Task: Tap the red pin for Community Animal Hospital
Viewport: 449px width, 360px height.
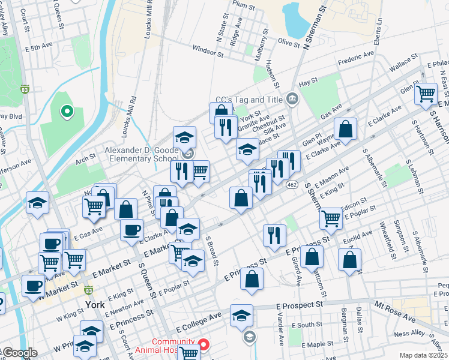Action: pyautogui.click(x=203, y=344)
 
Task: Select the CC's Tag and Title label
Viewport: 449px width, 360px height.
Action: pyautogui.click(x=252, y=100)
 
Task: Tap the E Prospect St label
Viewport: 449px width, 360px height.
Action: pyautogui.click(x=300, y=305)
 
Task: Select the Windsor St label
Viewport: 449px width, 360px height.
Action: pyautogui.click(x=208, y=52)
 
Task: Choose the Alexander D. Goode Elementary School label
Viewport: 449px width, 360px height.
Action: pyautogui.click(x=142, y=154)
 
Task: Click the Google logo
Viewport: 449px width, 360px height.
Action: pyautogui.click(x=19, y=353)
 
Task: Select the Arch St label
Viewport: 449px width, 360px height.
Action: pyautogui.click(x=85, y=158)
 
